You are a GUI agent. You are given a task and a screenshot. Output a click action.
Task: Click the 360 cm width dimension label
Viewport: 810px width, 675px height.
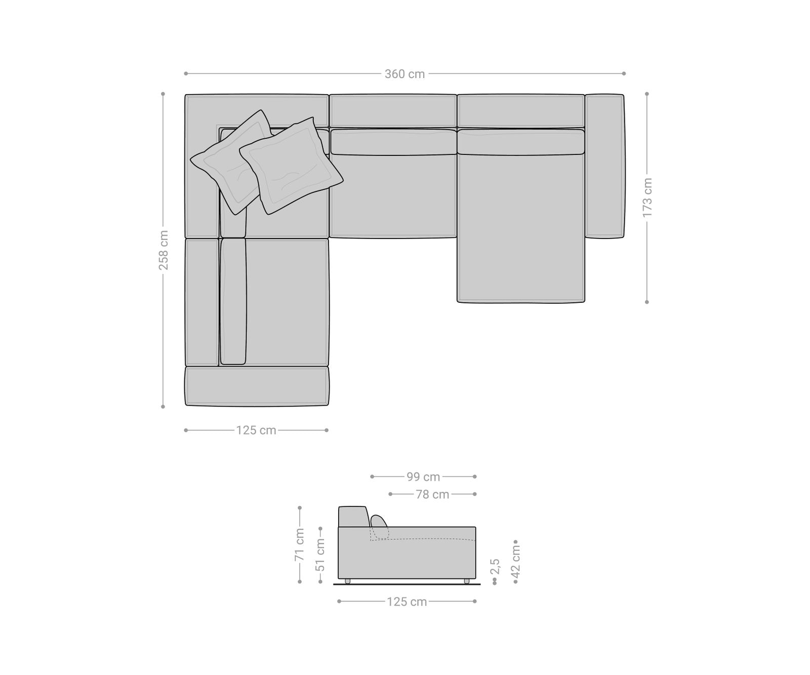pyautogui.click(x=404, y=74)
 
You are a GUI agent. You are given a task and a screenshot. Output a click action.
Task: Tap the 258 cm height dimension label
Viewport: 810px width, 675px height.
pyautogui.click(x=164, y=250)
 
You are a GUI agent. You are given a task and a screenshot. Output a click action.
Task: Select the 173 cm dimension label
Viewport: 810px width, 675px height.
pyautogui.click(x=647, y=197)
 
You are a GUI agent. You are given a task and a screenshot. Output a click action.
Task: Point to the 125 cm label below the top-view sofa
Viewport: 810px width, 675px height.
pyautogui.click(x=256, y=430)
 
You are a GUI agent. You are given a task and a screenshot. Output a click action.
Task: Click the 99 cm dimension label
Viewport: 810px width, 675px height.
pyautogui.click(x=423, y=477)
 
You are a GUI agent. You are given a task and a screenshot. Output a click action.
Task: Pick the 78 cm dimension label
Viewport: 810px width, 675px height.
pyautogui.click(x=432, y=494)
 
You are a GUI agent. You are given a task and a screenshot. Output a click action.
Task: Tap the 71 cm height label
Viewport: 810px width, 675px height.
pyautogui.click(x=300, y=544)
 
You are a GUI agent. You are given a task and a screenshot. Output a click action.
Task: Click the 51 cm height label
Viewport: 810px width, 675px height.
pyautogui.click(x=320, y=554)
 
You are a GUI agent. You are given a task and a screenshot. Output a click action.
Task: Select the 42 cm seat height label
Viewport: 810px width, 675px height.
pyautogui.click(x=516, y=561)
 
